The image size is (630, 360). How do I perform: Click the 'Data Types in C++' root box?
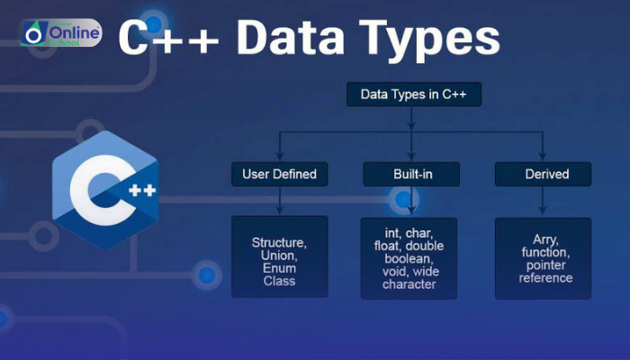(413, 94)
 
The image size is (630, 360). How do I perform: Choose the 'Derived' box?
(544, 173)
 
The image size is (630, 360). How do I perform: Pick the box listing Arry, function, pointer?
(544, 257)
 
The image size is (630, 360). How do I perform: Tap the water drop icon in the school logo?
(34, 34)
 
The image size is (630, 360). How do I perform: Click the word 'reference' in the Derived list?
(545, 278)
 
